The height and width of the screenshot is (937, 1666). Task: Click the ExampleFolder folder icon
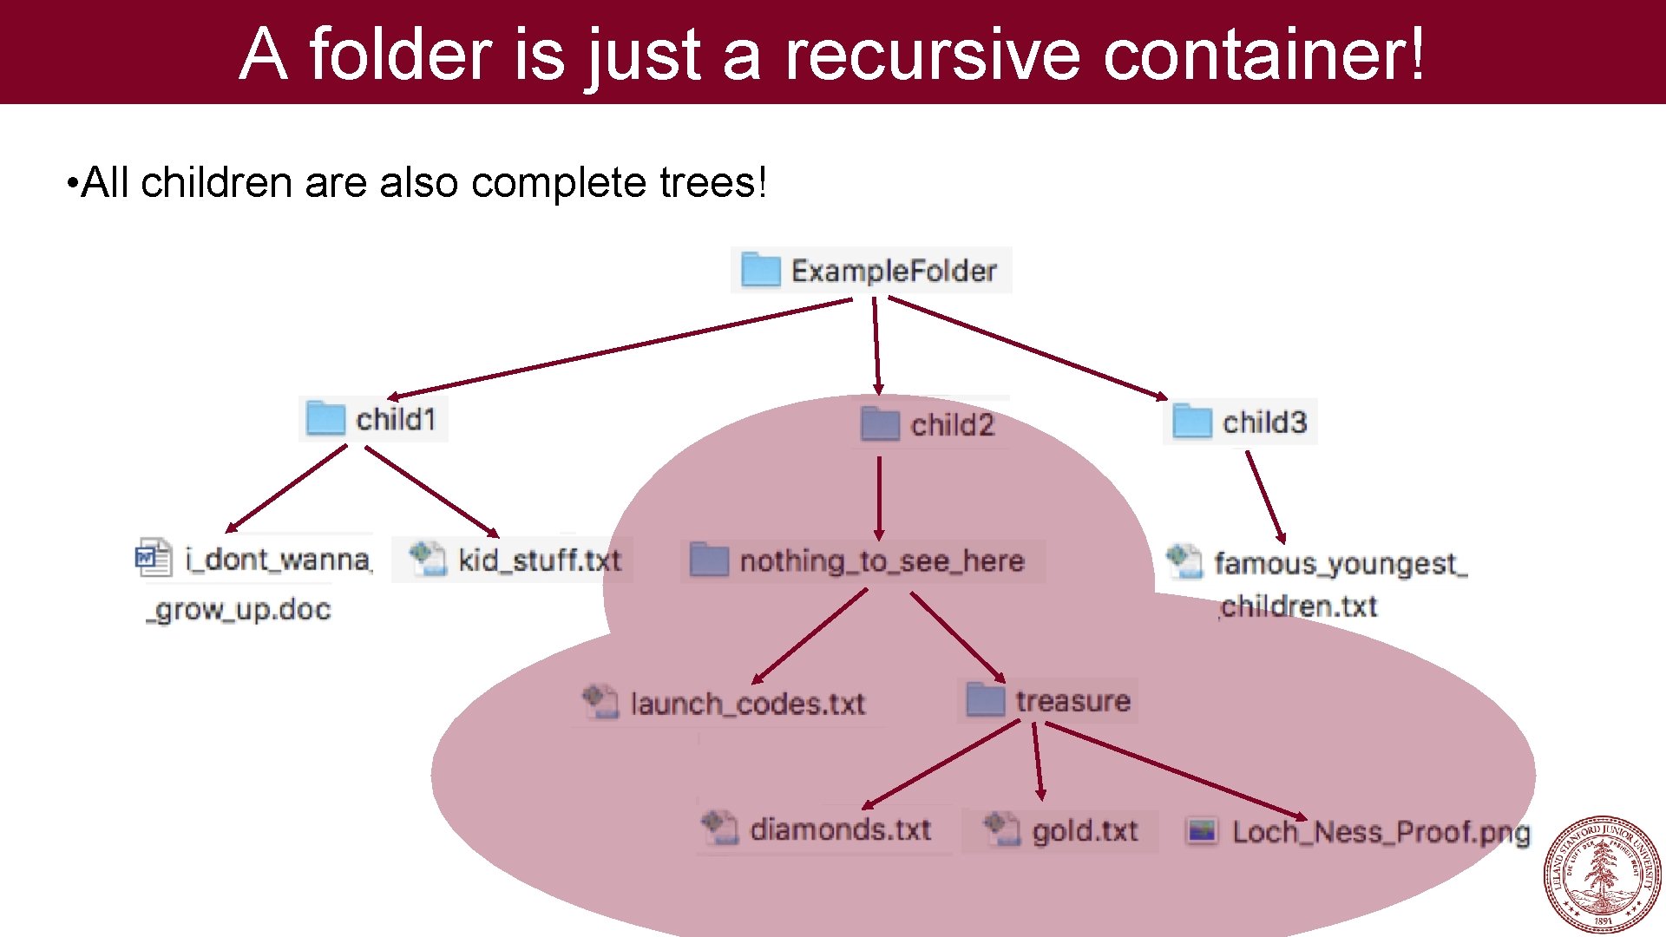[x=761, y=270]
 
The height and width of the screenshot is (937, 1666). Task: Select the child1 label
[x=396, y=420]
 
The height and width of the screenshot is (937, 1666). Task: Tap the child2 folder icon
[x=880, y=424]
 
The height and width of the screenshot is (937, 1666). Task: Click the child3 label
[x=1264, y=423]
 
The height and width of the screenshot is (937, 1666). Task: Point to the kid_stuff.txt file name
[x=540, y=560]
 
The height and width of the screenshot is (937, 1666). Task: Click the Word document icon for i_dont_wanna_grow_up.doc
[x=154, y=558]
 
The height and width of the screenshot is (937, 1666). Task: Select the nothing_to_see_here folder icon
[x=709, y=560]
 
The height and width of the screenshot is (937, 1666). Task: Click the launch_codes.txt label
[x=747, y=704]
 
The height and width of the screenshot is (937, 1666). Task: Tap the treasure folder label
[x=1073, y=701]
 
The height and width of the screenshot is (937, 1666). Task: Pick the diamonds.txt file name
[x=840, y=829]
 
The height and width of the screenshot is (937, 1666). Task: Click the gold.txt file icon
[x=1002, y=829]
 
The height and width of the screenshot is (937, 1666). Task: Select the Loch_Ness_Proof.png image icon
[x=1203, y=831]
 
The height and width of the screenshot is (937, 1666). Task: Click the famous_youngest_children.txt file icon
[x=1184, y=561]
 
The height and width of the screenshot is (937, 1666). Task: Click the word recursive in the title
[x=933, y=54]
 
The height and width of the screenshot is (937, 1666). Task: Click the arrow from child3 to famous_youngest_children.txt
[x=1265, y=496]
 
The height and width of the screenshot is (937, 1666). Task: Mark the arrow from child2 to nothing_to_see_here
[x=879, y=497]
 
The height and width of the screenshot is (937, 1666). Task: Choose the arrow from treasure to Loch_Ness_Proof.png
[x=1176, y=770]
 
